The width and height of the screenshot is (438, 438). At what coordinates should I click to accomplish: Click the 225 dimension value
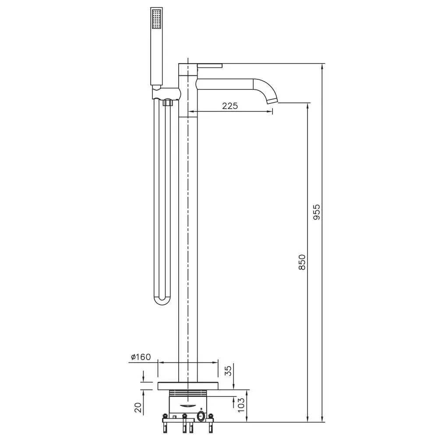point(230,106)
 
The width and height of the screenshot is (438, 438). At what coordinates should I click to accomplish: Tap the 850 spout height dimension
point(302,262)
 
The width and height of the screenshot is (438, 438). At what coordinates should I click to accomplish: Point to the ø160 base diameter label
point(140,357)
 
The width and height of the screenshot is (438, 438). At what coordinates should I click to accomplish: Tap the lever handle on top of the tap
point(210,66)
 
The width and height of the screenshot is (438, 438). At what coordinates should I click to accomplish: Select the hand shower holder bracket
point(166,93)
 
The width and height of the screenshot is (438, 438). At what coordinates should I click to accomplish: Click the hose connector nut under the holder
point(166,103)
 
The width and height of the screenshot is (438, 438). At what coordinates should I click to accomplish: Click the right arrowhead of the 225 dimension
point(270,112)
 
